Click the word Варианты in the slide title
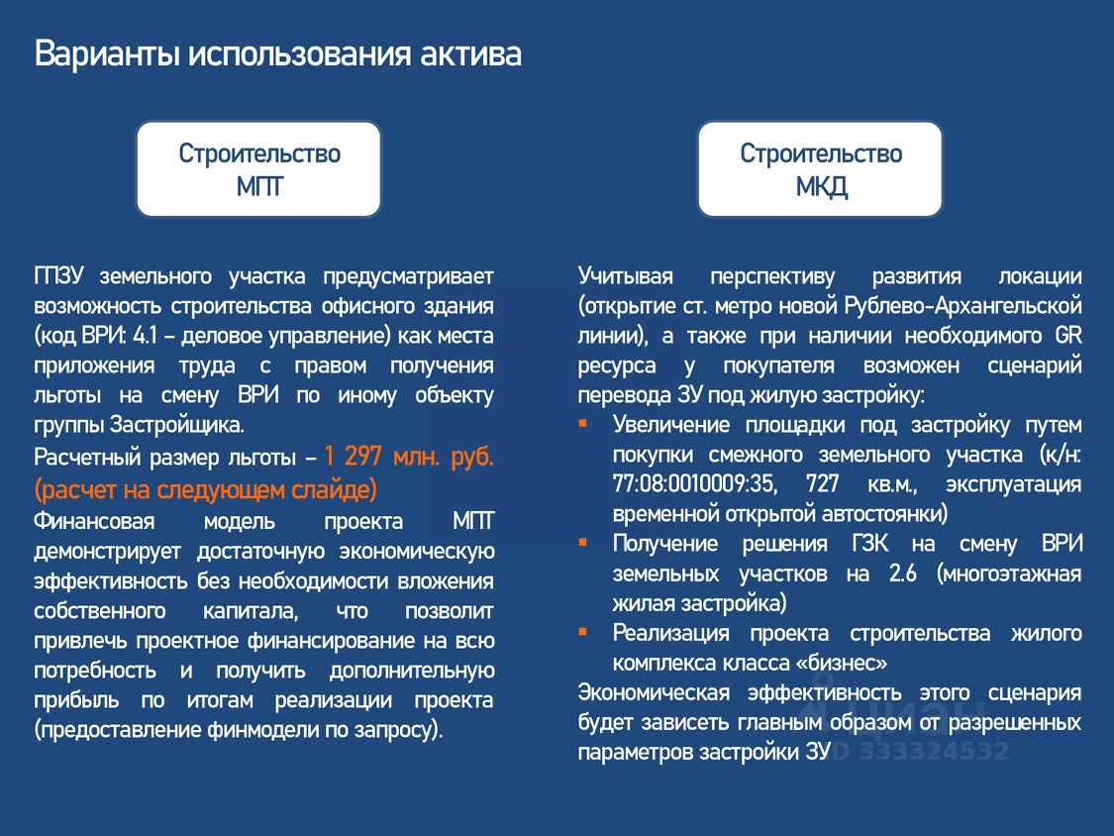coord(107,54)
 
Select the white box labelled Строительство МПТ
coord(258,169)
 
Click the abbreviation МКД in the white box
coord(821,187)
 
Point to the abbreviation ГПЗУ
coord(59,275)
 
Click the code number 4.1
coord(145,336)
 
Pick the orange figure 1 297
coord(354,455)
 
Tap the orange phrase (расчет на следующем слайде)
coord(205,489)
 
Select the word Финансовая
coord(94,521)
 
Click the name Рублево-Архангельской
coord(962,306)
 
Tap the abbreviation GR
coord(1067,336)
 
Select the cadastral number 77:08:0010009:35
coord(693,484)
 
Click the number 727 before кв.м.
coord(822,484)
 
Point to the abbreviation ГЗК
coord(869,544)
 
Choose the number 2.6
coord(902,574)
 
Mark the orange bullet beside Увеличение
coord(582,424)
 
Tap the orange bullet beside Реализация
coord(582,632)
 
